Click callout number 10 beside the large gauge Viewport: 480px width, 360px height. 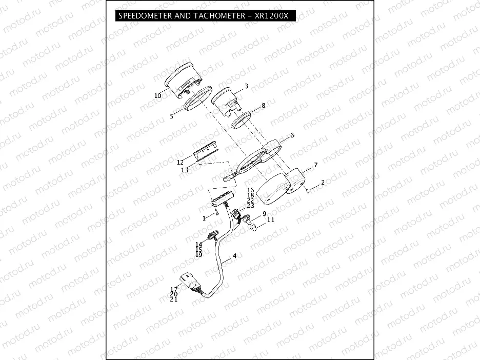point(157,95)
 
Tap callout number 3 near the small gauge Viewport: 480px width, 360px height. point(246,86)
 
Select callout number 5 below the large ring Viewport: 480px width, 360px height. point(172,116)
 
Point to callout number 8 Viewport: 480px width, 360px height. point(263,106)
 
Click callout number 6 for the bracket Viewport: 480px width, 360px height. point(292,135)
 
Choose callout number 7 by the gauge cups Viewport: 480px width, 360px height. point(315,165)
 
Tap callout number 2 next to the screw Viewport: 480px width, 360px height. point(323,183)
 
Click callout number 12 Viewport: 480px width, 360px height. point(180,162)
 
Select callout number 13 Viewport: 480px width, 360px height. point(184,169)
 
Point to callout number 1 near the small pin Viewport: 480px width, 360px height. point(204,218)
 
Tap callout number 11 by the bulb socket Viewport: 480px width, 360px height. point(271,219)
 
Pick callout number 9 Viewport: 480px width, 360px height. point(265,213)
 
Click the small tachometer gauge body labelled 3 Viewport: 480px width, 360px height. point(226,101)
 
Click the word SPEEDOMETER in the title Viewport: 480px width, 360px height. point(146,16)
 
